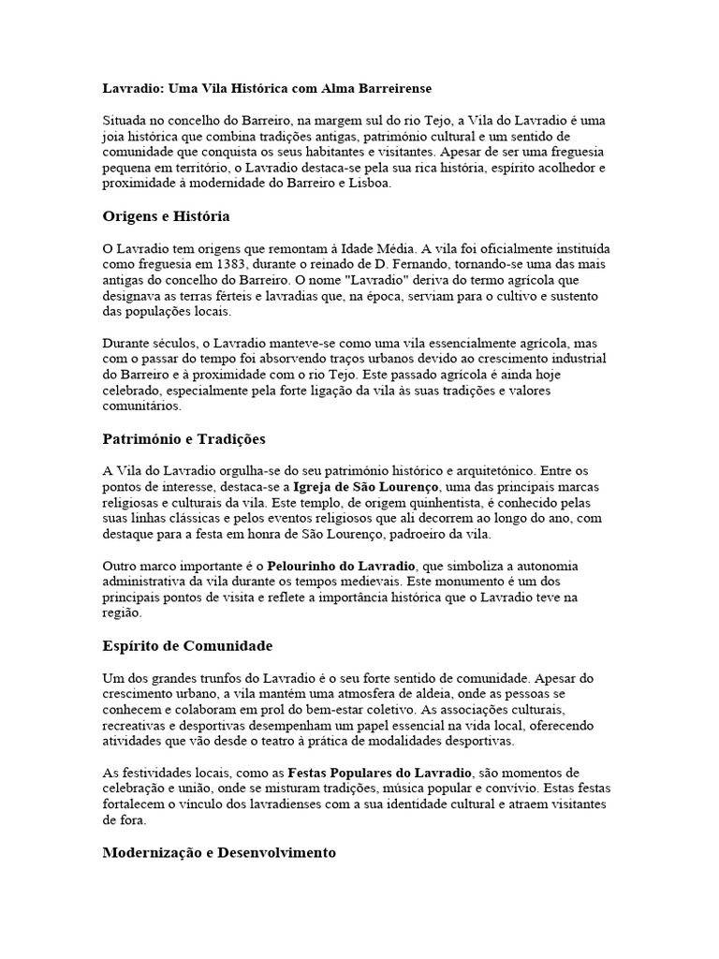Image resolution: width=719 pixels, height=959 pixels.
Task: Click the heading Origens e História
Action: tap(166, 216)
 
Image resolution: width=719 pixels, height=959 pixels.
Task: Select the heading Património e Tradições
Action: tap(184, 438)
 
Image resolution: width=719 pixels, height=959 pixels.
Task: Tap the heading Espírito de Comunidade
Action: tap(187, 646)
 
